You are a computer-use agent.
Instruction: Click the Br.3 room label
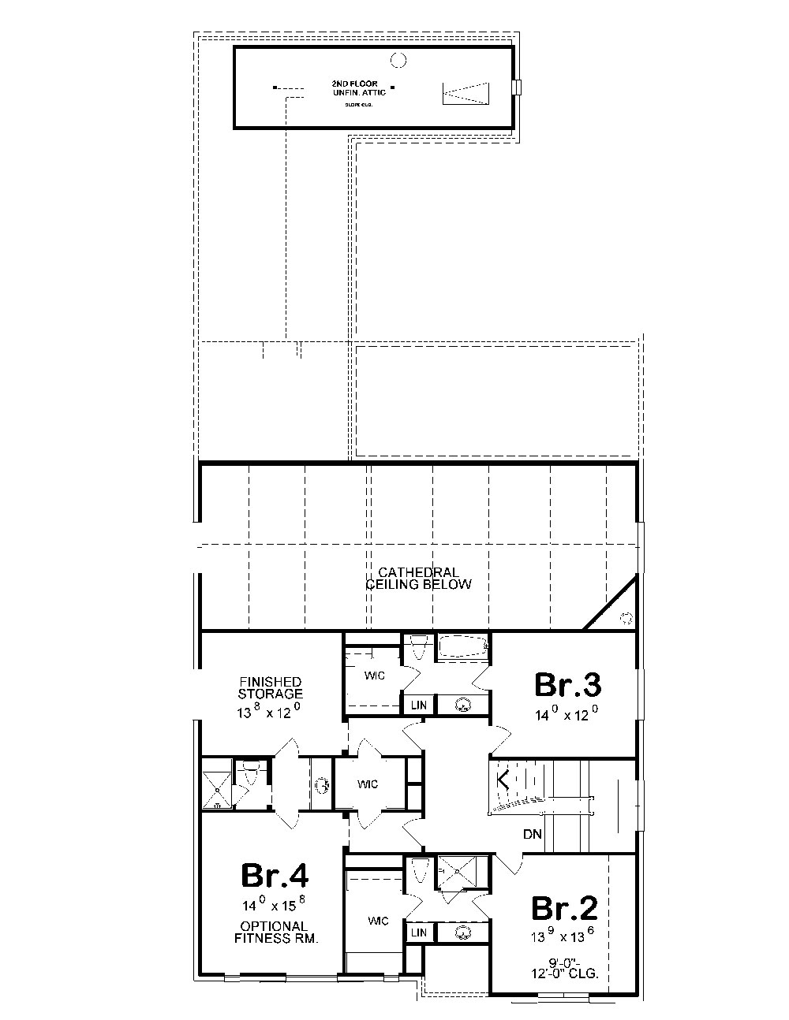pos(568,685)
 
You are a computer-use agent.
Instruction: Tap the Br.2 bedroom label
pos(565,908)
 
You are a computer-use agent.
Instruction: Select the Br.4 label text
pos(275,875)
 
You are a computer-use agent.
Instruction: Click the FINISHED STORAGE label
pos(270,687)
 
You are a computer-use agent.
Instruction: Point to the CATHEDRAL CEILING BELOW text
pos(418,578)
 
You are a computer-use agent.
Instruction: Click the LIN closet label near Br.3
pos(418,705)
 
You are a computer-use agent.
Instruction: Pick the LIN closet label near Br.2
pos(418,933)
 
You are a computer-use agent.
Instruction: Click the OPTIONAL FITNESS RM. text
pos(275,933)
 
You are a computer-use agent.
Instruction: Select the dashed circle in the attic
pos(398,58)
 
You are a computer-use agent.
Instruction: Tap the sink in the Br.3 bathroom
pos(463,705)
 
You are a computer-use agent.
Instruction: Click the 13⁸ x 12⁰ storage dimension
pos(270,712)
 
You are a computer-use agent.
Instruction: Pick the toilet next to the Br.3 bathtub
pos(419,647)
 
